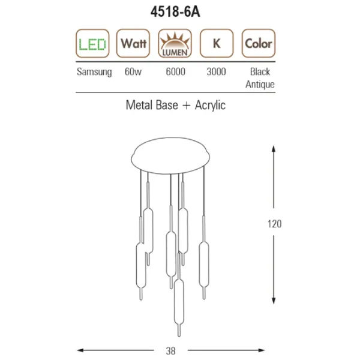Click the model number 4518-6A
[175, 12]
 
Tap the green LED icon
[92, 43]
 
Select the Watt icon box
[133, 43]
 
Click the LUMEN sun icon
[175, 43]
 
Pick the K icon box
[217, 43]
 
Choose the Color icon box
[259, 43]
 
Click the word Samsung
[94, 72]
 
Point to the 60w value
[133, 71]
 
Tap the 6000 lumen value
[176, 71]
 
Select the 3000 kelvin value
[216, 71]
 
